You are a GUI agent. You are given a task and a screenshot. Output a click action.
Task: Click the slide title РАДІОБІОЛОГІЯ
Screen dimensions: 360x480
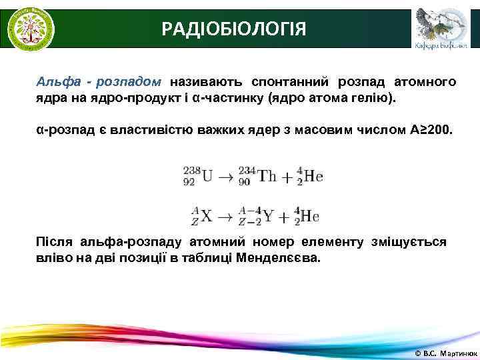pos(235,29)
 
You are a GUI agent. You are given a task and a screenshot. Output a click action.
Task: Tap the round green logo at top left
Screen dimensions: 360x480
pos(31,29)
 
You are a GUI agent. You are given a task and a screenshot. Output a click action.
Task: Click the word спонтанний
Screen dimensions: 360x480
pos(289,82)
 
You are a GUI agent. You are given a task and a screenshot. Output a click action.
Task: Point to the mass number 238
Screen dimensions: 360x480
pos(191,171)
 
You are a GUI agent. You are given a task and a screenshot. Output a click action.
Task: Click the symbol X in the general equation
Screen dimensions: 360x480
pos(207,216)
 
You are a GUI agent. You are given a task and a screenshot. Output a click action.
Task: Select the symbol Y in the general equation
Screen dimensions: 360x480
pos(269,216)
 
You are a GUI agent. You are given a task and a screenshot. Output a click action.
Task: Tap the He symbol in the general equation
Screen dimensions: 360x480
pos(310,216)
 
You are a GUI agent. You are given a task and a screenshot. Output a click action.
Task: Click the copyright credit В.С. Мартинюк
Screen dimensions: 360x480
pos(443,351)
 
